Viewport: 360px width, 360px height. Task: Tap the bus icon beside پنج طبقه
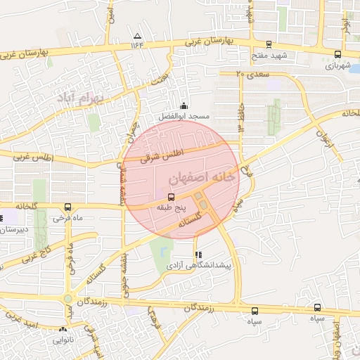pos(174,198)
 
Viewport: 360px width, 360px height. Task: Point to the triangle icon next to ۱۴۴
pos(137,35)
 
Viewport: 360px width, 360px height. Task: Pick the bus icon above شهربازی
pos(337,54)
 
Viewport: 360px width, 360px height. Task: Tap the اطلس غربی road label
pos(27,157)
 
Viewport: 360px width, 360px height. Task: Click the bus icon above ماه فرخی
pos(67,207)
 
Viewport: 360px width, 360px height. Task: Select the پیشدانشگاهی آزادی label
pos(200,266)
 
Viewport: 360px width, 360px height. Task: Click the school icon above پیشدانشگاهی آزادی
pos(199,255)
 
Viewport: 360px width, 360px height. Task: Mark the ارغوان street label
pos(321,131)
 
